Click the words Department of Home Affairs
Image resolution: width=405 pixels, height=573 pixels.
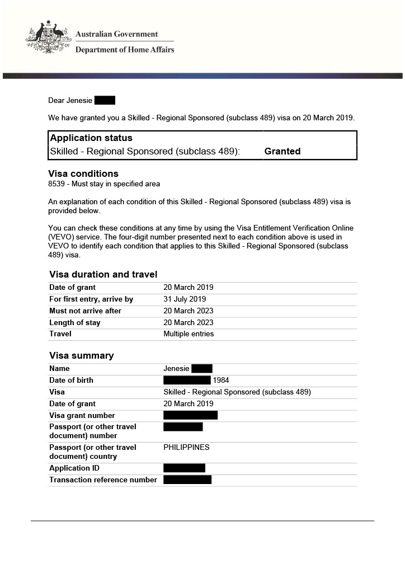pyautogui.click(x=125, y=49)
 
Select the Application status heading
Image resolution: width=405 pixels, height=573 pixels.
pyautogui.click(x=91, y=138)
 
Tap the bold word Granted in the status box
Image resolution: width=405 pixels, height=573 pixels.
pyautogui.click(x=282, y=151)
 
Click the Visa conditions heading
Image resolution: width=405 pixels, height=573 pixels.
pyautogui.click(x=83, y=173)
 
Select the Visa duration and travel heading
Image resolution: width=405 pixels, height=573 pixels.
pyautogui.click(x=103, y=274)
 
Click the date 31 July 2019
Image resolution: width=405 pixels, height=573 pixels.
pyautogui.click(x=185, y=299)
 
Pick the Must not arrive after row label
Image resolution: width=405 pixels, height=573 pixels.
pyautogui.click(x=85, y=311)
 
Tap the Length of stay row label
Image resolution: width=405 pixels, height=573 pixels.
pyautogui.click(x=75, y=322)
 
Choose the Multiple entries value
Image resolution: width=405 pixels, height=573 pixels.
pyautogui.click(x=189, y=334)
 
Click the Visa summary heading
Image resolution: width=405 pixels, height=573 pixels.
pyautogui.click(x=81, y=355)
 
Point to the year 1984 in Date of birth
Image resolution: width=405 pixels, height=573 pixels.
pyautogui.click(x=222, y=380)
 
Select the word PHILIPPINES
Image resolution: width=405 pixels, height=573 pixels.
pyautogui.click(x=186, y=447)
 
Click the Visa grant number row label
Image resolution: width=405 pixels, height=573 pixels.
pyautogui.click(x=82, y=415)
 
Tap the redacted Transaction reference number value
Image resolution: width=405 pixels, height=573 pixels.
pyautogui.click(x=187, y=480)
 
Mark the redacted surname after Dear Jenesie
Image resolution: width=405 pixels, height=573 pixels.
pyautogui.click(x=105, y=100)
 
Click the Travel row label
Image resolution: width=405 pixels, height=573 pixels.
pyautogui.click(x=60, y=334)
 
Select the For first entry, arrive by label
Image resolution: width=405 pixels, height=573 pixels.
pyautogui.click(x=91, y=299)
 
